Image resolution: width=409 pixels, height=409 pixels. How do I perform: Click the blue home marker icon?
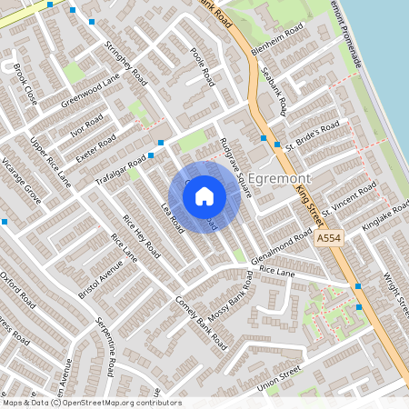(x=204, y=195)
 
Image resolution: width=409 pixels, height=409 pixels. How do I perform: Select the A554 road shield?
(x=329, y=236)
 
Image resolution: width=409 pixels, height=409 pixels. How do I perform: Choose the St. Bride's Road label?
(x=313, y=134)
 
